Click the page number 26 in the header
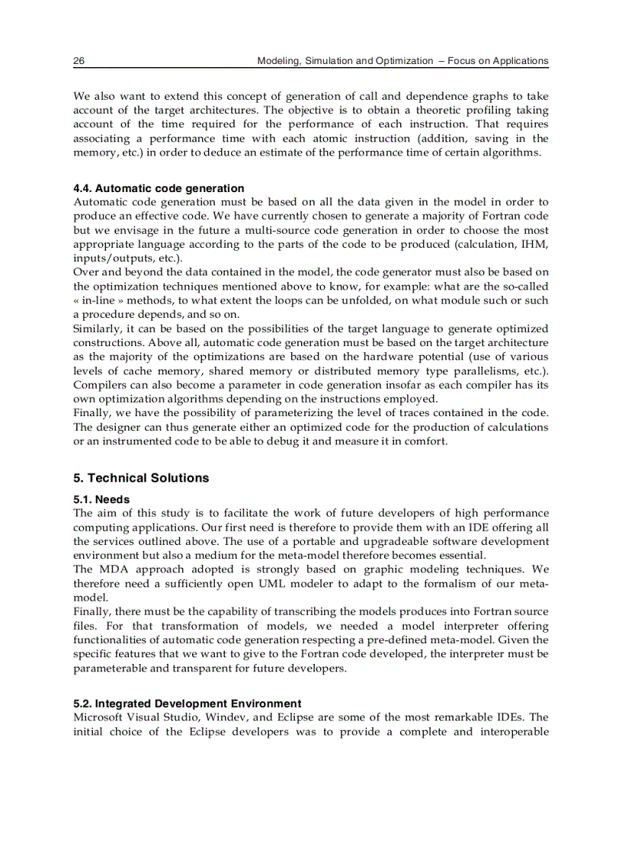coord(79,61)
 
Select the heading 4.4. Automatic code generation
coord(159,188)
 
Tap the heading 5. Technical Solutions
coord(141,478)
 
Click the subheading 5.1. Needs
coord(101,500)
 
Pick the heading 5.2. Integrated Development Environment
coord(187,704)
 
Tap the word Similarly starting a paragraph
coord(98,329)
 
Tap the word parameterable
coord(110,668)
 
